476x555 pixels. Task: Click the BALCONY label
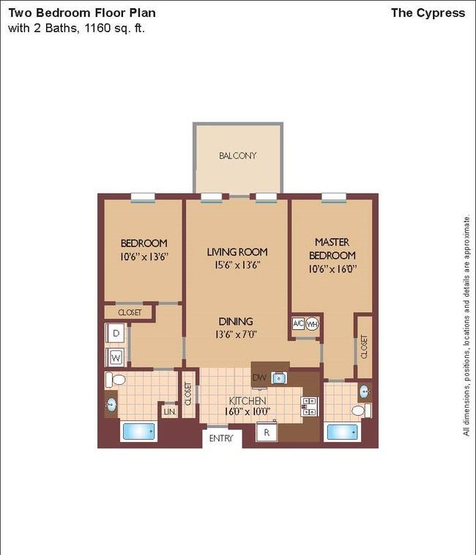coord(237,155)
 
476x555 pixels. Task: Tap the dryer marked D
coord(116,333)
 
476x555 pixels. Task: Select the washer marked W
coord(115,357)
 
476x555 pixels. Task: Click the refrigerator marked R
coord(267,432)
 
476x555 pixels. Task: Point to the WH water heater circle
coord(312,324)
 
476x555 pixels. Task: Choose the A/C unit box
coord(298,323)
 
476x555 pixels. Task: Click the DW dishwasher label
coord(259,378)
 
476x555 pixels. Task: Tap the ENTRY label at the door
coord(221,438)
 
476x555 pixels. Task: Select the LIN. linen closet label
coord(170,411)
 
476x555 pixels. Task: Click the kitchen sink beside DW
coord(279,378)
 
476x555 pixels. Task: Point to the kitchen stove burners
coord(310,406)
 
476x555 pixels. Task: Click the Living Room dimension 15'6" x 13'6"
coord(237,265)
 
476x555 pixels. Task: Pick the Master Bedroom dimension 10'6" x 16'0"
coord(332,268)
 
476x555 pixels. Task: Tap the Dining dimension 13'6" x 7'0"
coord(236,334)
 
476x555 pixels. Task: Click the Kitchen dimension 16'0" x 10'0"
coord(248,411)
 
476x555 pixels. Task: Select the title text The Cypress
coord(428,12)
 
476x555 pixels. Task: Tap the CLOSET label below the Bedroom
coord(130,312)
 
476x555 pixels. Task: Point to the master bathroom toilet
coord(361,411)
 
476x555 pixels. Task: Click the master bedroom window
coord(333,198)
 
